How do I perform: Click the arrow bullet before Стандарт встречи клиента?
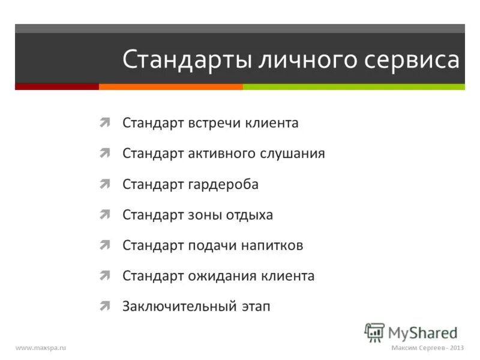tap(105, 123)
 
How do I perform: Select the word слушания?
tap(292, 154)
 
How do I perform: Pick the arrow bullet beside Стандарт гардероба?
tap(105, 184)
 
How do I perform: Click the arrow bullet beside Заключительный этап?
tap(105, 307)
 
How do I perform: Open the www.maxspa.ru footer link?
tap(40, 348)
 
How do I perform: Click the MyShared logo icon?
tap(374, 332)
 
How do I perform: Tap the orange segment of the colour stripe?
tap(170, 86)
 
